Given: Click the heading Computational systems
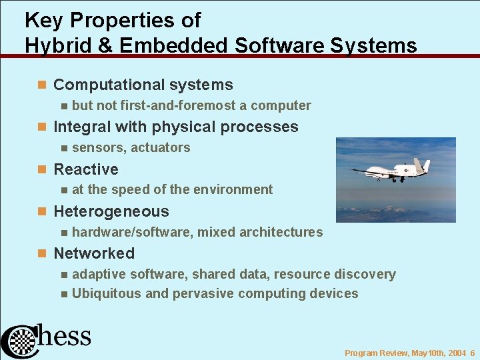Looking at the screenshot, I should click(x=143, y=85).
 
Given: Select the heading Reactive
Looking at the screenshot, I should click(x=85, y=169).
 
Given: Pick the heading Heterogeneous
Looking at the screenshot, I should click(x=111, y=211).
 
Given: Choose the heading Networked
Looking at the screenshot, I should click(x=93, y=253).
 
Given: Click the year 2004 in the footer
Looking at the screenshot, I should click(x=457, y=353).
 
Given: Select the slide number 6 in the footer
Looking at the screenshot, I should click(x=471, y=353).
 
